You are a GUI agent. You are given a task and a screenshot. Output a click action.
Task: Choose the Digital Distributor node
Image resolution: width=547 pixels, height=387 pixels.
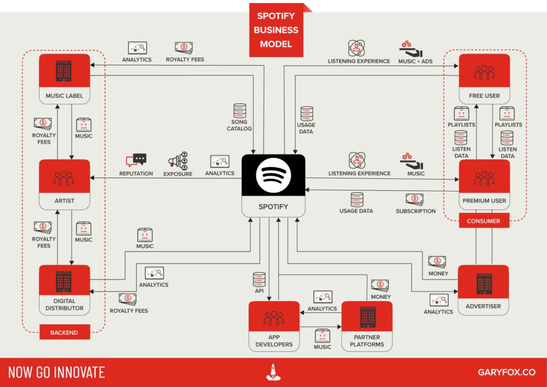tap(64, 289)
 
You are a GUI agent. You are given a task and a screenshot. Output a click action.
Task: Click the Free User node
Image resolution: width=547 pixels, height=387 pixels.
tap(484, 79)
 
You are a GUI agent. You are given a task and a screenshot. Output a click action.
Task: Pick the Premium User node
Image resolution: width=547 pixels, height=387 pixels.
tap(484, 184)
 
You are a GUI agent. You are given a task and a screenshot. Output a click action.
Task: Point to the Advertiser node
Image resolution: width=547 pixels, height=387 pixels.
tap(483, 289)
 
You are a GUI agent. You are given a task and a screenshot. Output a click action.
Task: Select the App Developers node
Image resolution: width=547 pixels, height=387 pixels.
tap(274, 326)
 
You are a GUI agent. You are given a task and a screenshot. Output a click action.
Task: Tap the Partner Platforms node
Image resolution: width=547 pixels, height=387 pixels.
tap(366, 326)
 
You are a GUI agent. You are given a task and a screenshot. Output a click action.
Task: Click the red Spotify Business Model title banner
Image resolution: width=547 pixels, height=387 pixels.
tap(276, 30)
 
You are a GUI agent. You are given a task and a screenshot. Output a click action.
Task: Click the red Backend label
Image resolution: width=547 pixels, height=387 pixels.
tap(64, 332)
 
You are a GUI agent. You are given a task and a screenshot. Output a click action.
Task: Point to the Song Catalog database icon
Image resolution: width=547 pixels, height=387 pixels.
tap(239, 111)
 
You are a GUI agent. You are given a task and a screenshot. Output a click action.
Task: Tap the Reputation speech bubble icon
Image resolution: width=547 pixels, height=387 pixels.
tap(136, 160)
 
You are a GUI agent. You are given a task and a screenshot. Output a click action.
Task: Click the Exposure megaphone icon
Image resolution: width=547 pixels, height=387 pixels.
tap(178, 161)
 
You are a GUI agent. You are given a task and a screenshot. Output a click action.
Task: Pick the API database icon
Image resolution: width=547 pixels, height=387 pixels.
tap(259, 278)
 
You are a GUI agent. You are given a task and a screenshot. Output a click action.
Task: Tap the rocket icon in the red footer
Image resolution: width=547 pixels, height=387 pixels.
tap(273, 372)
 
